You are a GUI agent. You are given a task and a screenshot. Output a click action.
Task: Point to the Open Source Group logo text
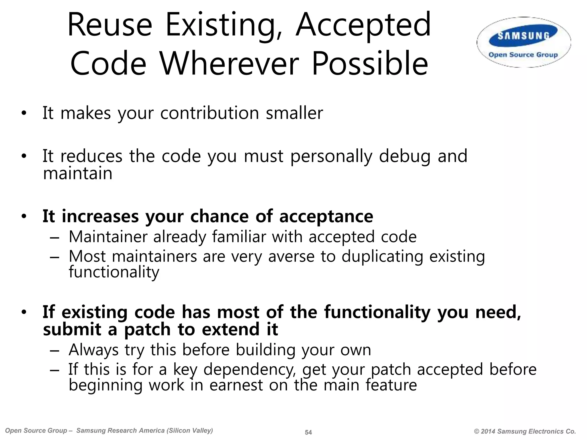pyautogui.click(x=523, y=55)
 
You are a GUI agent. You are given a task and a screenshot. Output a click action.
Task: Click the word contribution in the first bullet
pyautogui.click(x=210, y=113)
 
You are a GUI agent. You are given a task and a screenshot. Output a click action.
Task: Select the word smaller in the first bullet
pyautogui.click(x=294, y=113)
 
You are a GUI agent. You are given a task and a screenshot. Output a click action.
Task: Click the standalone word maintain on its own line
pyautogui.click(x=78, y=173)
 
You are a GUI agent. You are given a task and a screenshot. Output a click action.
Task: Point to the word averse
pyautogui.click(x=291, y=256)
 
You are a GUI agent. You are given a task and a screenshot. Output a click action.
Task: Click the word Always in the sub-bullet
pyautogui.click(x=93, y=350)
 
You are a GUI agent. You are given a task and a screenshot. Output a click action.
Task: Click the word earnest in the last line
pyautogui.click(x=236, y=385)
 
